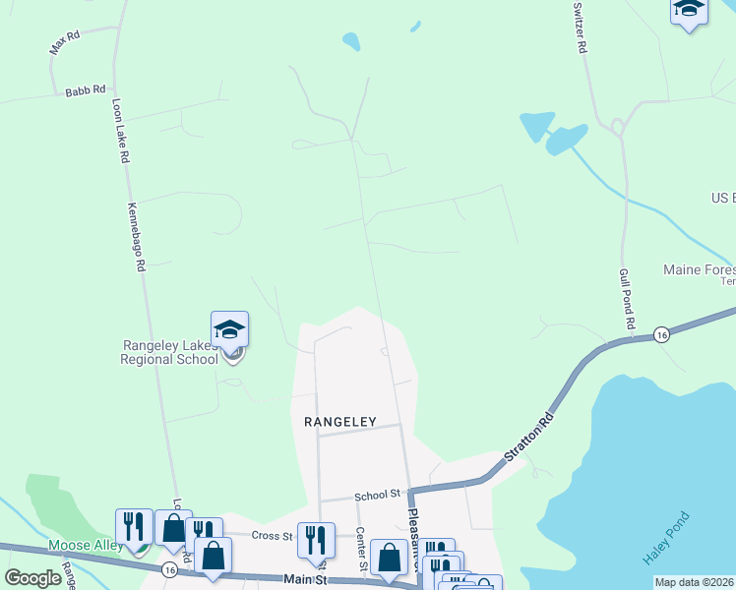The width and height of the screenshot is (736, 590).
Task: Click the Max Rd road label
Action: (x=64, y=42)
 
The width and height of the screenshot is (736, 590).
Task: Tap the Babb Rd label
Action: (x=85, y=90)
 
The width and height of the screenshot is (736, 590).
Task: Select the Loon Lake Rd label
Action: (x=121, y=129)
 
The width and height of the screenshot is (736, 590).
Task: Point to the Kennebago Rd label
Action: (x=136, y=236)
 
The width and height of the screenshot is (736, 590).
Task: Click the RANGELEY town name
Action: (x=340, y=421)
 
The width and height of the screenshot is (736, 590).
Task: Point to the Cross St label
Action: (x=273, y=536)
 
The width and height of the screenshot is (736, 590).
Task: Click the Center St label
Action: (x=361, y=549)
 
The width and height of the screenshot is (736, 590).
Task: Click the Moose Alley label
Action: (x=87, y=545)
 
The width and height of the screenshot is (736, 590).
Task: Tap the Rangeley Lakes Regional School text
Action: (x=169, y=352)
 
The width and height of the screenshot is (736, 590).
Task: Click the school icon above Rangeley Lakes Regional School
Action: (x=229, y=329)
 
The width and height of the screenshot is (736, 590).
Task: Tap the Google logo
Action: (x=32, y=578)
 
